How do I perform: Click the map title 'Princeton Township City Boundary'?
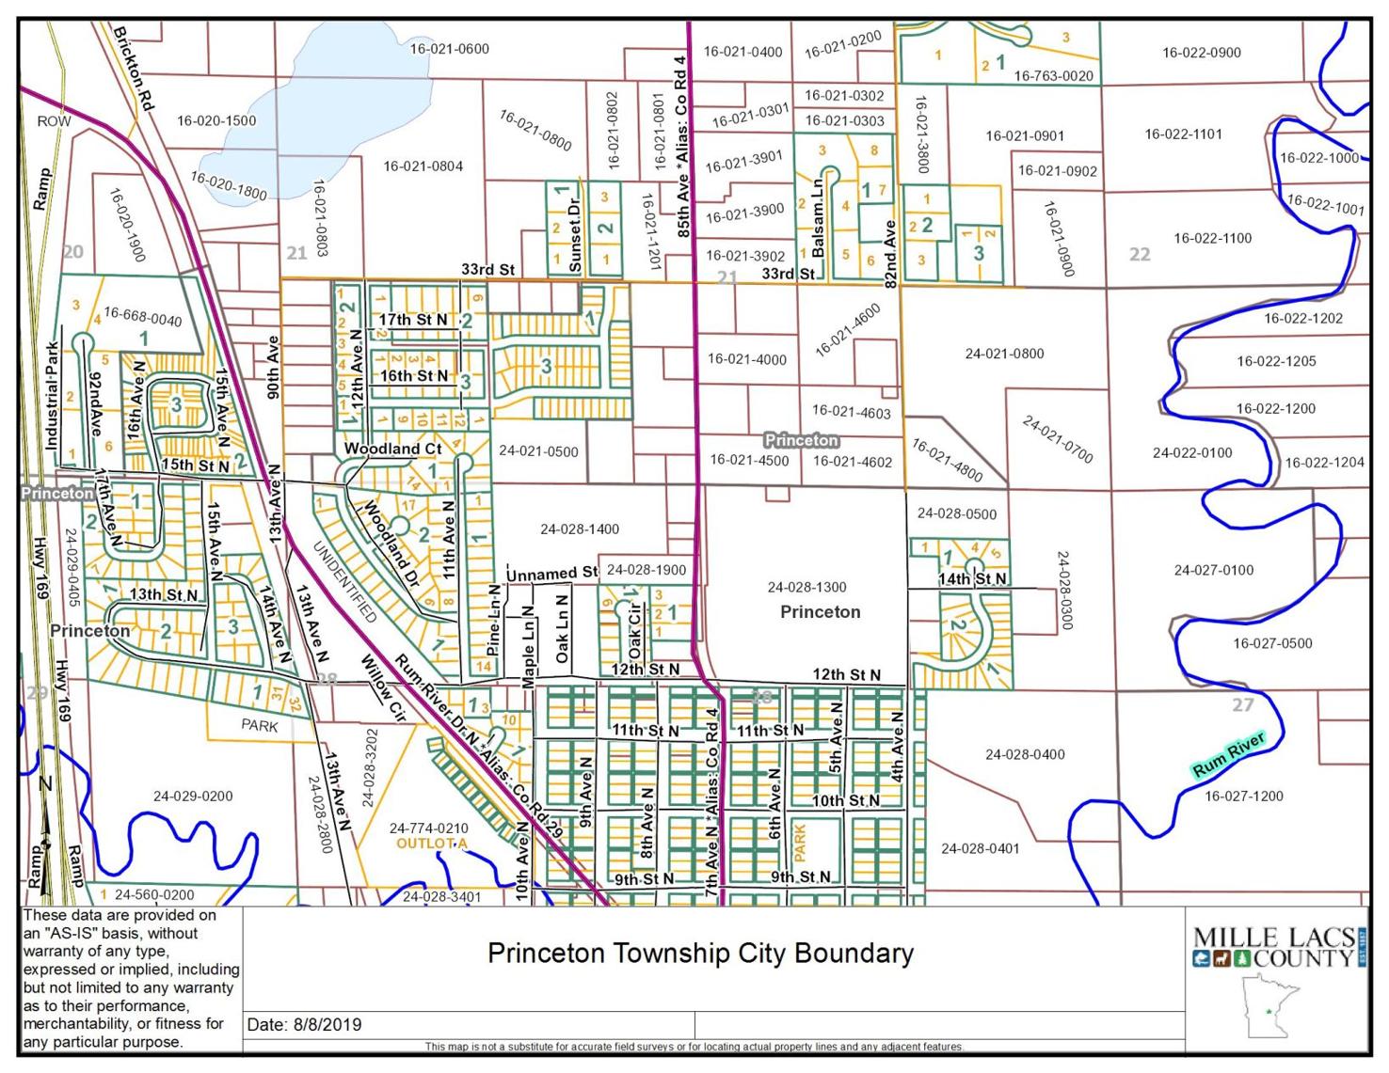(700, 954)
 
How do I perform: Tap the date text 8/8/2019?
(304, 1025)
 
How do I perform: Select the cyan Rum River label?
(1228, 755)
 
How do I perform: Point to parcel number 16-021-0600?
(449, 49)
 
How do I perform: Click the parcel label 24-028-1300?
(806, 587)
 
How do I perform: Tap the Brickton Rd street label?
(133, 69)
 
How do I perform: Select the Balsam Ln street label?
(818, 214)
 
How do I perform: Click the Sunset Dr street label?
(575, 231)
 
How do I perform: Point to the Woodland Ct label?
(392, 450)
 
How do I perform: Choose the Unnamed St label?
(551, 573)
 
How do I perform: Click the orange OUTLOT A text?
(432, 844)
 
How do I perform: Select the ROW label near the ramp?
(54, 121)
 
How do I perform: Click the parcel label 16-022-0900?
(1201, 53)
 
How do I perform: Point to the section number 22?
(1140, 254)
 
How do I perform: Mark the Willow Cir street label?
(382, 688)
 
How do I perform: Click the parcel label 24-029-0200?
(193, 796)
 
